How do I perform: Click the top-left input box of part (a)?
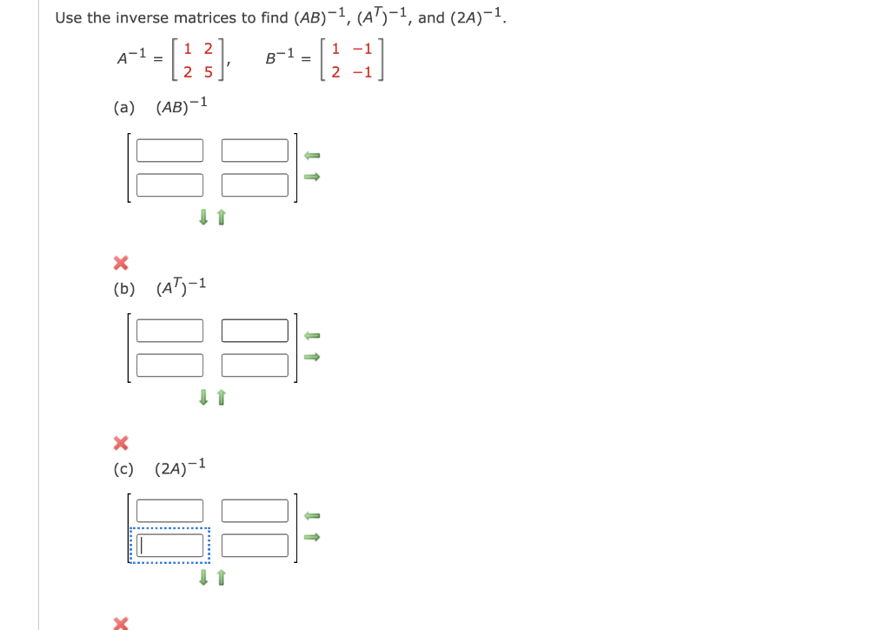(169, 151)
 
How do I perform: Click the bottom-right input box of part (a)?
(255, 185)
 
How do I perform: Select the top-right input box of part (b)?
(255, 332)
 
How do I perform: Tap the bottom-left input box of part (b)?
(169, 365)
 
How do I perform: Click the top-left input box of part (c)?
(169, 511)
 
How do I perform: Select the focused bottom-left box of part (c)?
(169, 546)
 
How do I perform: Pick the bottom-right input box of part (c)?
(255, 546)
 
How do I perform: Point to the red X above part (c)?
(121, 443)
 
